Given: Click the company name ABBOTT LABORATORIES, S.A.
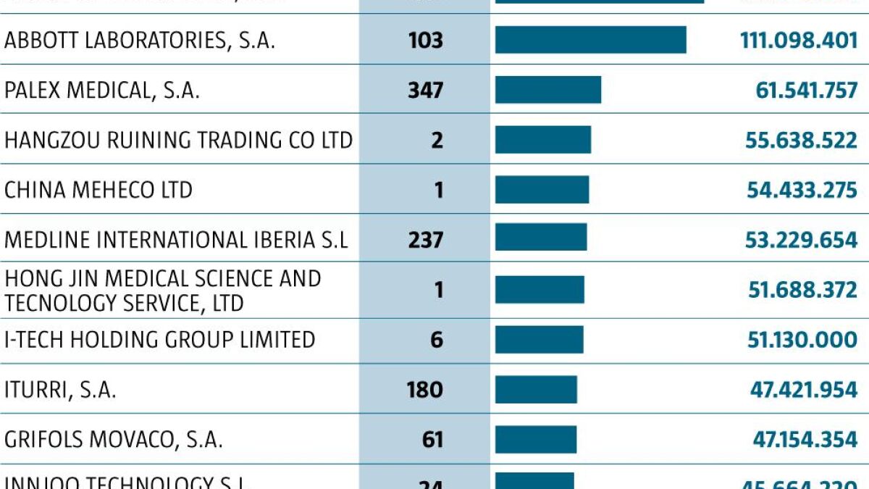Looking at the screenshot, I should point(140,40).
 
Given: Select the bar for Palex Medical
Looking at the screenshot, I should point(547,90).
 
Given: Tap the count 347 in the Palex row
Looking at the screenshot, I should point(425,91).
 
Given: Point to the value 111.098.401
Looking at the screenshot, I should point(799,40).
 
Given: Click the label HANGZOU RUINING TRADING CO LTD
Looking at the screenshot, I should point(178,140).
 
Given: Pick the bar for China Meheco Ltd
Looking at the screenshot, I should point(542,190).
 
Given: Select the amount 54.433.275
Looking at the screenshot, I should point(802,190).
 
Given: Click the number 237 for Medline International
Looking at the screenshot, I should point(425,239).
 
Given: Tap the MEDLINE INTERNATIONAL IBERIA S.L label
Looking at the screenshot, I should point(176,239).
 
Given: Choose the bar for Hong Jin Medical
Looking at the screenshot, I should point(540,290).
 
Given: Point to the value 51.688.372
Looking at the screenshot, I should point(802,290).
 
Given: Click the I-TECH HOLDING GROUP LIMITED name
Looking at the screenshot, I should point(159,339).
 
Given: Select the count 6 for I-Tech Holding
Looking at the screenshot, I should point(436,339).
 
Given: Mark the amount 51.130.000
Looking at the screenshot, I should point(802,339).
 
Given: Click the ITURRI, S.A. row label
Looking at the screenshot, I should point(60,390).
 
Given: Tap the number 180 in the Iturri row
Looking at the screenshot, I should point(424,390).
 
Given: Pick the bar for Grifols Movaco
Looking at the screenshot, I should point(536,439).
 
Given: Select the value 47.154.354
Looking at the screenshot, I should point(803,439).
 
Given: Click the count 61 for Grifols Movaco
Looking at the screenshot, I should point(432,439).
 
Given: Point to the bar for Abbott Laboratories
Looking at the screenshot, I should point(590,40).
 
